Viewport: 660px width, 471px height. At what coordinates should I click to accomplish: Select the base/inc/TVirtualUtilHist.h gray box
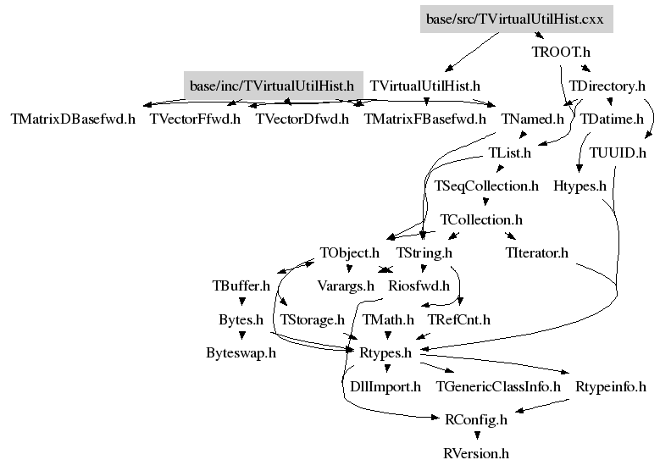[x=272, y=86]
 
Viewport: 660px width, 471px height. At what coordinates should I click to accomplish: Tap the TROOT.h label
[x=554, y=52]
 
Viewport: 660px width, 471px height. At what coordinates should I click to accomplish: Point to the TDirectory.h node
[x=607, y=86]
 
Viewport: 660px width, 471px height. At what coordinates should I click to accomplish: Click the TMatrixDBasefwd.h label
[x=72, y=119]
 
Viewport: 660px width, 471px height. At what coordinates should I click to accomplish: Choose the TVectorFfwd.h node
[x=195, y=119]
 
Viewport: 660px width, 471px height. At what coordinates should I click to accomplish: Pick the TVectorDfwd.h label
[x=302, y=119]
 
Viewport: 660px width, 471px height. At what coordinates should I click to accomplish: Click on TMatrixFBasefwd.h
[x=424, y=119]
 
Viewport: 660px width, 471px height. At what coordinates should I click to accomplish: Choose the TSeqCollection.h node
[x=486, y=186]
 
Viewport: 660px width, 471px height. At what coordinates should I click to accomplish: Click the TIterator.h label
[x=536, y=252]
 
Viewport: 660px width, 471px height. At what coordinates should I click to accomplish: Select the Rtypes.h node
[x=385, y=353]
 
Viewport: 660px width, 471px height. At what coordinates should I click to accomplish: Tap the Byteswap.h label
[x=241, y=353]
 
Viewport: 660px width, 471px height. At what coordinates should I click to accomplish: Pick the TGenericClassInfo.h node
[x=498, y=386]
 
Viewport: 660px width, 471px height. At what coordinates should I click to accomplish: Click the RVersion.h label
[x=476, y=453]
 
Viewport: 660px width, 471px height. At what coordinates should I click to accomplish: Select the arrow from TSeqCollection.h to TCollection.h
[x=485, y=202]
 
